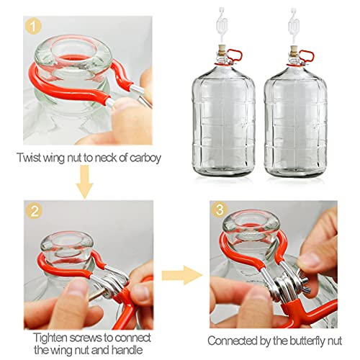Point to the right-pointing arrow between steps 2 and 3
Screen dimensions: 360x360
(179, 273)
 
